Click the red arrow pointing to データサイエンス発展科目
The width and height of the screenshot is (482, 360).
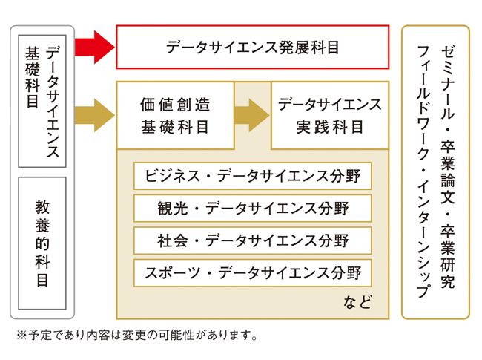tap(95, 48)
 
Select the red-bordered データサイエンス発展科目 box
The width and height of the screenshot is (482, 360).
tap(252, 48)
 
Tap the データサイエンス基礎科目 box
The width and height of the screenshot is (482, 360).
tap(42, 100)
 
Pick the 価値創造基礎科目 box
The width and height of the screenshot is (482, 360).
tap(175, 115)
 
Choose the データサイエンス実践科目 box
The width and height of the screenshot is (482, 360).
tap(330, 115)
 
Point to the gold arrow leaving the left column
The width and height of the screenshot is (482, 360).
tap(95, 115)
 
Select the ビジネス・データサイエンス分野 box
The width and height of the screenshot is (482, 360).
tap(252, 177)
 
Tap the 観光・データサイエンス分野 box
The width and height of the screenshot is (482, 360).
tap(252, 209)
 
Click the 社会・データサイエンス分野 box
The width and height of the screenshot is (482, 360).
tap(252, 240)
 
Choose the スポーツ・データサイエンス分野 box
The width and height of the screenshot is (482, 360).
tap(252, 273)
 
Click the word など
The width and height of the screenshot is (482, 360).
tap(356, 303)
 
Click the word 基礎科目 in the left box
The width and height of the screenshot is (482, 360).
tap(32, 78)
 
